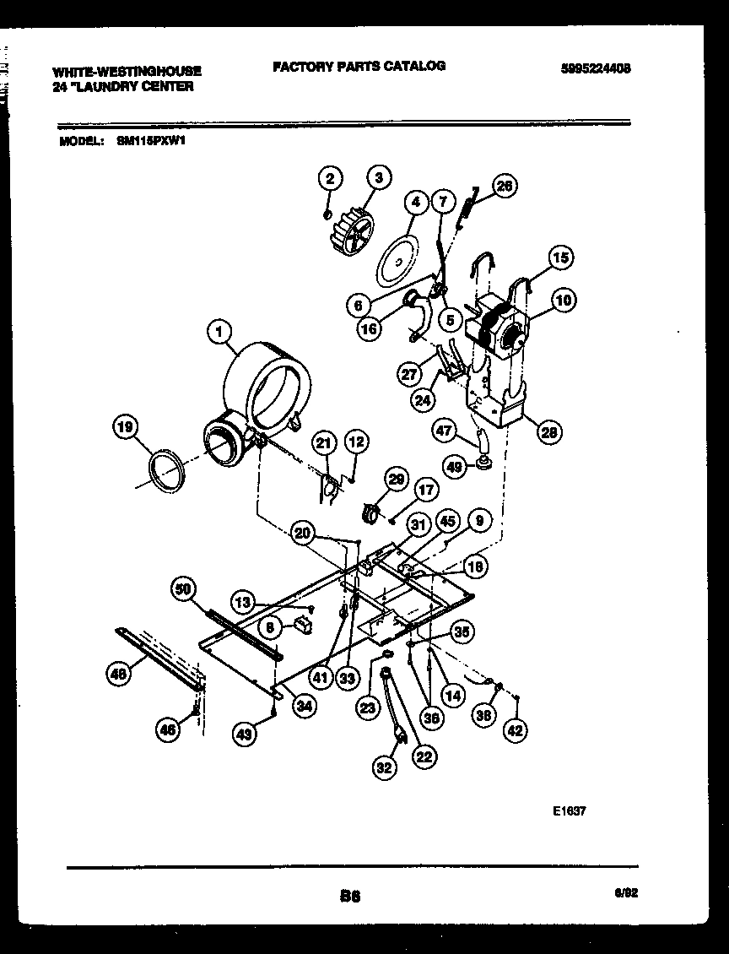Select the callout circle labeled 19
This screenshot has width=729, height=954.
coord(125,428)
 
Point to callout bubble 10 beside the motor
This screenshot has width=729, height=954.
coord(564,300)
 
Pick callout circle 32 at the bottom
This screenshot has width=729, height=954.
coord(384,767)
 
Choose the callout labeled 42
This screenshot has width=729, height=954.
coord(515,730)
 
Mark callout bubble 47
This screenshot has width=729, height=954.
coord(445,430)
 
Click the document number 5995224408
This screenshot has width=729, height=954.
coord(596,69)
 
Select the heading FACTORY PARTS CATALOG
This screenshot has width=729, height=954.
coord(359,66)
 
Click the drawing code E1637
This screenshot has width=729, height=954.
coord(570,810)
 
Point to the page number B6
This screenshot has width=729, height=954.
coord(350,897)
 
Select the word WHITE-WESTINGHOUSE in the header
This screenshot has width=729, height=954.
coord(127,72)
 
